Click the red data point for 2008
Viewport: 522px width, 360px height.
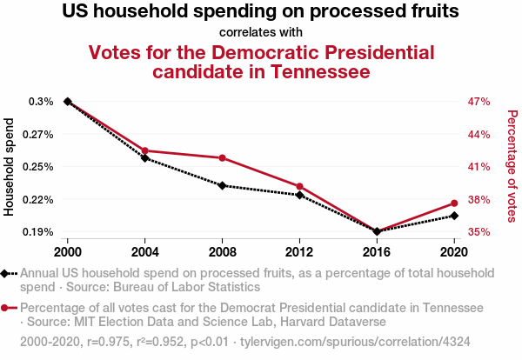222,157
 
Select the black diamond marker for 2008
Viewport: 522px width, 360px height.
222,185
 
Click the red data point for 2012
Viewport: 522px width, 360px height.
299,186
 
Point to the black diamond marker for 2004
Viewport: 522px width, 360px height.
144,158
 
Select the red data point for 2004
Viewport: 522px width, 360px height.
144,150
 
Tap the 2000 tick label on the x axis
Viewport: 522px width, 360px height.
67,251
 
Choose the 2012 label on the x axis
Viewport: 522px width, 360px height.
299,251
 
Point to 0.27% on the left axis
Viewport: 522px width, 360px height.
41,135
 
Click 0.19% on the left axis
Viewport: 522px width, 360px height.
41,232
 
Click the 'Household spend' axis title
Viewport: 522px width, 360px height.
10,167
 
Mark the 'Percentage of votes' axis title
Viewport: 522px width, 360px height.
512,166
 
